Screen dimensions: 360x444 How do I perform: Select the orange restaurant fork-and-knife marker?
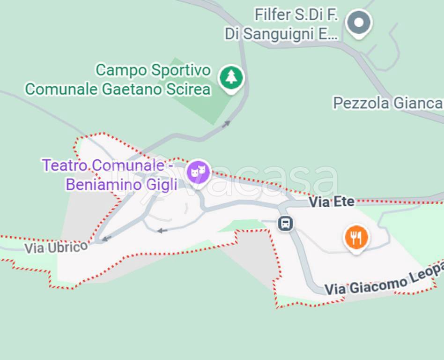tap(356, 237)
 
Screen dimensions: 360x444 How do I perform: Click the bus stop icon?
tap(285, 223)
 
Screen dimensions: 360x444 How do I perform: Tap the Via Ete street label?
tap(332, 202)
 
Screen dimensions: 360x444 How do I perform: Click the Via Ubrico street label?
tap(56, 247)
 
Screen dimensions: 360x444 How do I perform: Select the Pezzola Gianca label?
tap(387, 103)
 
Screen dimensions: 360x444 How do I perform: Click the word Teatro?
tap(65, 165)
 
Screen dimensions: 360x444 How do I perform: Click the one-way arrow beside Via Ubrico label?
tap(107, 239)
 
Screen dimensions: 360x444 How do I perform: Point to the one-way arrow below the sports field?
tap(226, 124)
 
